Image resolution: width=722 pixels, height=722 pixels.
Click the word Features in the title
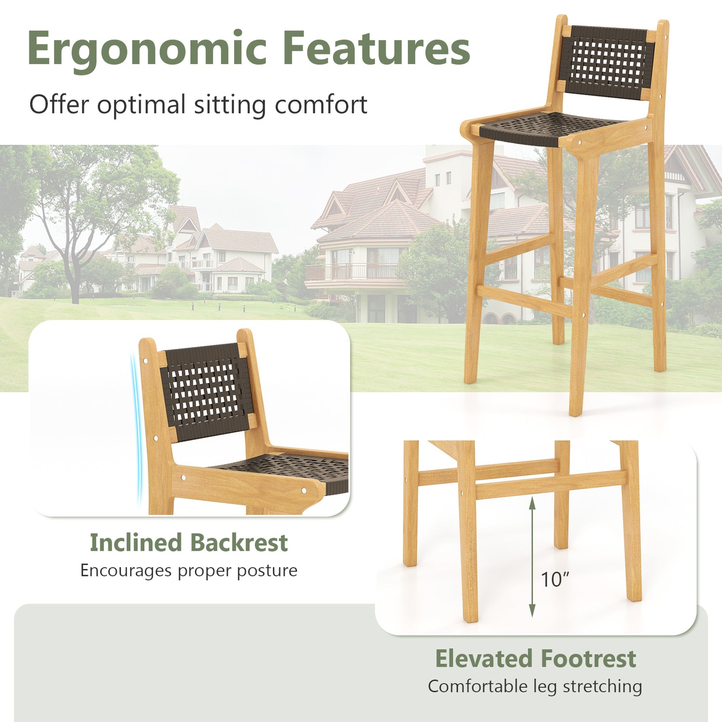coord(376,48)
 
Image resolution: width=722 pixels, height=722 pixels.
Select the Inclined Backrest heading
coord(189,542)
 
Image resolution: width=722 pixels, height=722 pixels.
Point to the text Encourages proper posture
coord(189,570)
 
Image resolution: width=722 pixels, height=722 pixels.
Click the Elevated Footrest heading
coord(535,658)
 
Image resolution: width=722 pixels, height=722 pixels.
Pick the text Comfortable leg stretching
coord(535,686)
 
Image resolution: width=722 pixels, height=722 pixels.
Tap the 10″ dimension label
coord(555,580)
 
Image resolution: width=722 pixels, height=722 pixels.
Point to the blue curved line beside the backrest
coord(136,428)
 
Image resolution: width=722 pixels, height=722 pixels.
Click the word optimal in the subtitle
coord(141,104)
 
